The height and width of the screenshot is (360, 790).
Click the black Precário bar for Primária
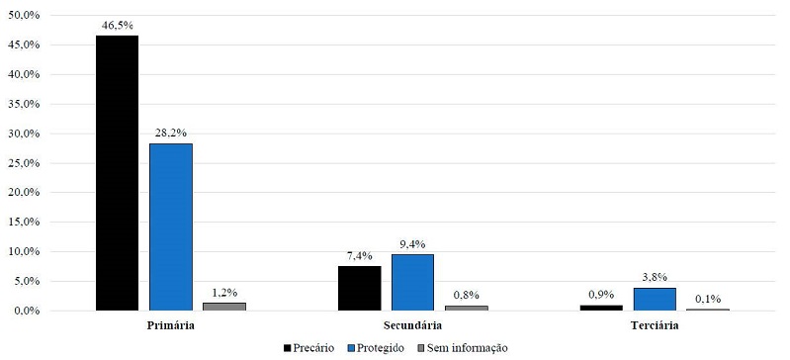point(117,173)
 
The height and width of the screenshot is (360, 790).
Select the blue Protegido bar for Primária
point(170,226)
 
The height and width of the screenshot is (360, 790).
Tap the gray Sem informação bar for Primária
point(223,307)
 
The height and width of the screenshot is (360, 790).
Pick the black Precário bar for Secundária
point(359,288)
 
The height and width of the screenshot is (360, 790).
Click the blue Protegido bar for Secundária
point(412,282)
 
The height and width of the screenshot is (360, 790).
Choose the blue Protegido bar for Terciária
point(655,299)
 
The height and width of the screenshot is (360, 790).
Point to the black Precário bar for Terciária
point(601,308)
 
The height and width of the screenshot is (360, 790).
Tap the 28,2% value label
point(170,132)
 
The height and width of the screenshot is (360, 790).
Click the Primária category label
point(170,325)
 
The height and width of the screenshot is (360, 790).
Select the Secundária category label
point(412,325)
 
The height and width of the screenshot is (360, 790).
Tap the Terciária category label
point(655,325)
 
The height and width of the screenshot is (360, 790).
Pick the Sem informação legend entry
point(462,348)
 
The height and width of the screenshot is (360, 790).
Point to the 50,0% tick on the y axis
point(23,16)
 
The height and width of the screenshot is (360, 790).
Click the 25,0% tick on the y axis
point(23,163)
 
